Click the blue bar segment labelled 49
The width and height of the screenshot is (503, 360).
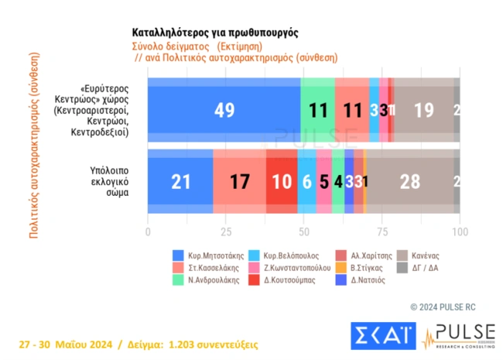224,110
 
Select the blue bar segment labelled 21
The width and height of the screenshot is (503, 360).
180,182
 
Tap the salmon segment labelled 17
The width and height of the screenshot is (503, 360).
239,182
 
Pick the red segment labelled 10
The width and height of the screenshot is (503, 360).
281,182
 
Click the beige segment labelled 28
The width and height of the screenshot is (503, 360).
409,182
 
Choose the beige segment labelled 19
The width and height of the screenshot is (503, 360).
423,110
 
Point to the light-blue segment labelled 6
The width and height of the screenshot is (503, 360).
306,182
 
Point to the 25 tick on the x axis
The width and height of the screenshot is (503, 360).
226,231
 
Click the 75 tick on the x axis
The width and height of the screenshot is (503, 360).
382,231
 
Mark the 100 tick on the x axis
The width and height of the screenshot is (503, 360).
459,231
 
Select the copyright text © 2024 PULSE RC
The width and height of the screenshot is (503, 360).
447,306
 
